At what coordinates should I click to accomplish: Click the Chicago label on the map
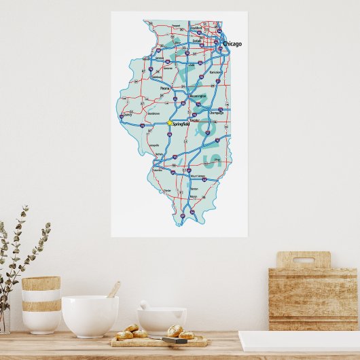coord(232,44)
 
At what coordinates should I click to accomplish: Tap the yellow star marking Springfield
coord(169,123)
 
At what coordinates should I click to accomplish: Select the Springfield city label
coord(181,124)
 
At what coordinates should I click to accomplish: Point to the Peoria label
coord(164,88)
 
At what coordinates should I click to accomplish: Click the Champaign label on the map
coord(217,113)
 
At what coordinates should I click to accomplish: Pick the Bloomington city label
coord(197,96)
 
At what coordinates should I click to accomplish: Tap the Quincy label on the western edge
coord(126,115)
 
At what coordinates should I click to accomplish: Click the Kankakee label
coord(215,71)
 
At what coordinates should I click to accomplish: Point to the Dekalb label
coord(196,41)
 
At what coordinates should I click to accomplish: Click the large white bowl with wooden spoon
coord(90,317)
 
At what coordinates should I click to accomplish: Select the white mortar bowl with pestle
coord(162,319)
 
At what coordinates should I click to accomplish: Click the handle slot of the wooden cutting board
coord(303,259)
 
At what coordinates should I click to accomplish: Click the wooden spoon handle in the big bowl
coord(113,290)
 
